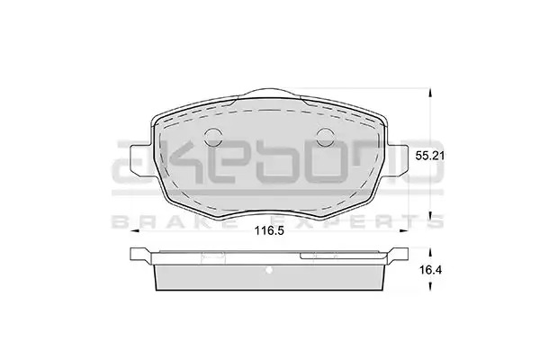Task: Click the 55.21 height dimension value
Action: [x=429, y=156]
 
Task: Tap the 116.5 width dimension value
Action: [x=269, y=230]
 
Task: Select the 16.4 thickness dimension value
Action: [x=430, y=270]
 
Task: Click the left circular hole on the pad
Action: [x=213, y=137]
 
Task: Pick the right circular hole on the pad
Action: [x=325, y=137]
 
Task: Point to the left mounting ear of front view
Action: [x=141, y=159]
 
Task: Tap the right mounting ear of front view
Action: [x=397, y=159]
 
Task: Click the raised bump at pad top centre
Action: [x=269, y=93]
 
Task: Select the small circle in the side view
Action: [x=269, y=270]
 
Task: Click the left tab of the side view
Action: [x=141, y=256]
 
